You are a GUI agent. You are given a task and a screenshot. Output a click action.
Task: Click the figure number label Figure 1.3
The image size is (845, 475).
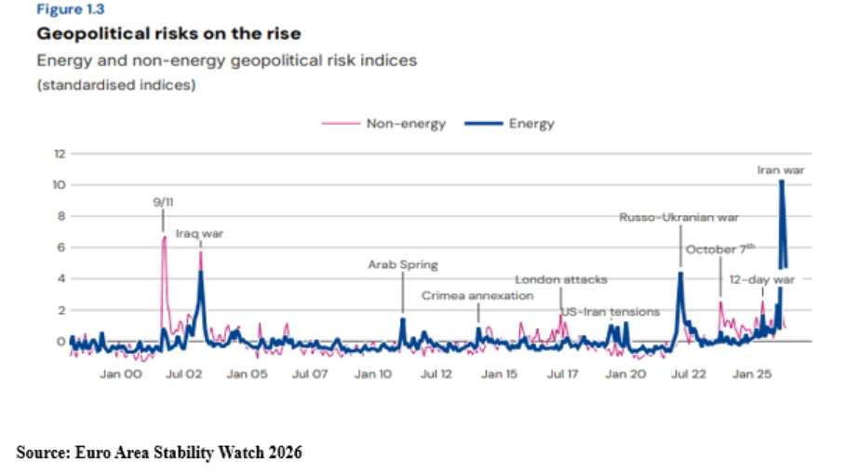pos(71,9)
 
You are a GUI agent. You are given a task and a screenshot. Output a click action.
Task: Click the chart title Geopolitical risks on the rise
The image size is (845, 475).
pos(168,34)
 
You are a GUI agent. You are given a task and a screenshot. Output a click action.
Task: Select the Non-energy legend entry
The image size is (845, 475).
pos(383,124)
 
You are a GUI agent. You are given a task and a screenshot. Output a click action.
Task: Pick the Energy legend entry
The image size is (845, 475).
pos(510,124)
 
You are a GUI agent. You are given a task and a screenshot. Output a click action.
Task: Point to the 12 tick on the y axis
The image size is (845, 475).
pos(60,154)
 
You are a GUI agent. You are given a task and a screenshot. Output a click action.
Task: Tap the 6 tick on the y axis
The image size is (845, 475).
pos(60,248)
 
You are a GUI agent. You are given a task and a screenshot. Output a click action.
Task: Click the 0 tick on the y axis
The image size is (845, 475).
pos(60,341)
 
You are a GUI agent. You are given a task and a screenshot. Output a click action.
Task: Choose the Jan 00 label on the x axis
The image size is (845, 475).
pos(121,373)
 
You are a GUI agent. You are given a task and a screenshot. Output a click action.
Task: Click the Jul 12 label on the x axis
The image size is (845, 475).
pos(436,373)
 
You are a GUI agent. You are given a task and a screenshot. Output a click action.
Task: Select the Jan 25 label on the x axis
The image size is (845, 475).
pos(752,373)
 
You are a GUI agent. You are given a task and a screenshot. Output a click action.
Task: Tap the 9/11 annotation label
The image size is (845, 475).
pos(163,202)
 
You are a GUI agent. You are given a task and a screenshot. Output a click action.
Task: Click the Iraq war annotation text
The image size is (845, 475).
pos(199,234)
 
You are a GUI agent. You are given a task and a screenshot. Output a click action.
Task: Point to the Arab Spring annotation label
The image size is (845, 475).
pos(403,265)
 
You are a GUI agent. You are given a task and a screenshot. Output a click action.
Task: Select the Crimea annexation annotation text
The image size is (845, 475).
pos(477,295)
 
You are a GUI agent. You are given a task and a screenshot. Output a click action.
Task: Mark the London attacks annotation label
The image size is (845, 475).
pos(561,279)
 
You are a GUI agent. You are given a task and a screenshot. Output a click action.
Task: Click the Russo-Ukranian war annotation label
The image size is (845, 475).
pos(679,217)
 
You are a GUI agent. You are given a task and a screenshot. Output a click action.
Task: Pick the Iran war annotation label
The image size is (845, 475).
pos(781,170)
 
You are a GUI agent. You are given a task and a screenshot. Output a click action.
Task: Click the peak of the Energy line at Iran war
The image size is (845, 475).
pos(782,182)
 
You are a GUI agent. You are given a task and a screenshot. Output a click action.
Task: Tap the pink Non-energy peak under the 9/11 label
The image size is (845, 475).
pos(164,237)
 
